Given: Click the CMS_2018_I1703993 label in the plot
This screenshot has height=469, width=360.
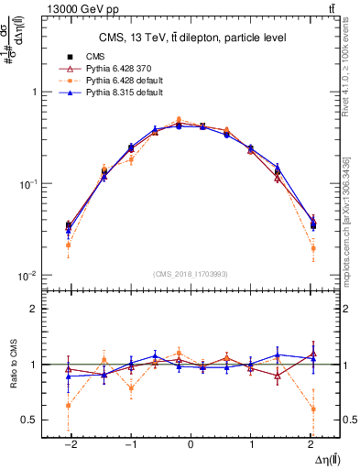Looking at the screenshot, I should coord(191,274).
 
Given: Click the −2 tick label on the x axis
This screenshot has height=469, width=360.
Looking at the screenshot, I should coord(68,444).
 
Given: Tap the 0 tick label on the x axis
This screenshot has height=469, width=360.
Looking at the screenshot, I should coord(191,444).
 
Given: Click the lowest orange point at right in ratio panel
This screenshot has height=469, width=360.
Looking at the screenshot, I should coord(313,409).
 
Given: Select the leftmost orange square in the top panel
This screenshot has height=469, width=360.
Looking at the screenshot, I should coord(68,245).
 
